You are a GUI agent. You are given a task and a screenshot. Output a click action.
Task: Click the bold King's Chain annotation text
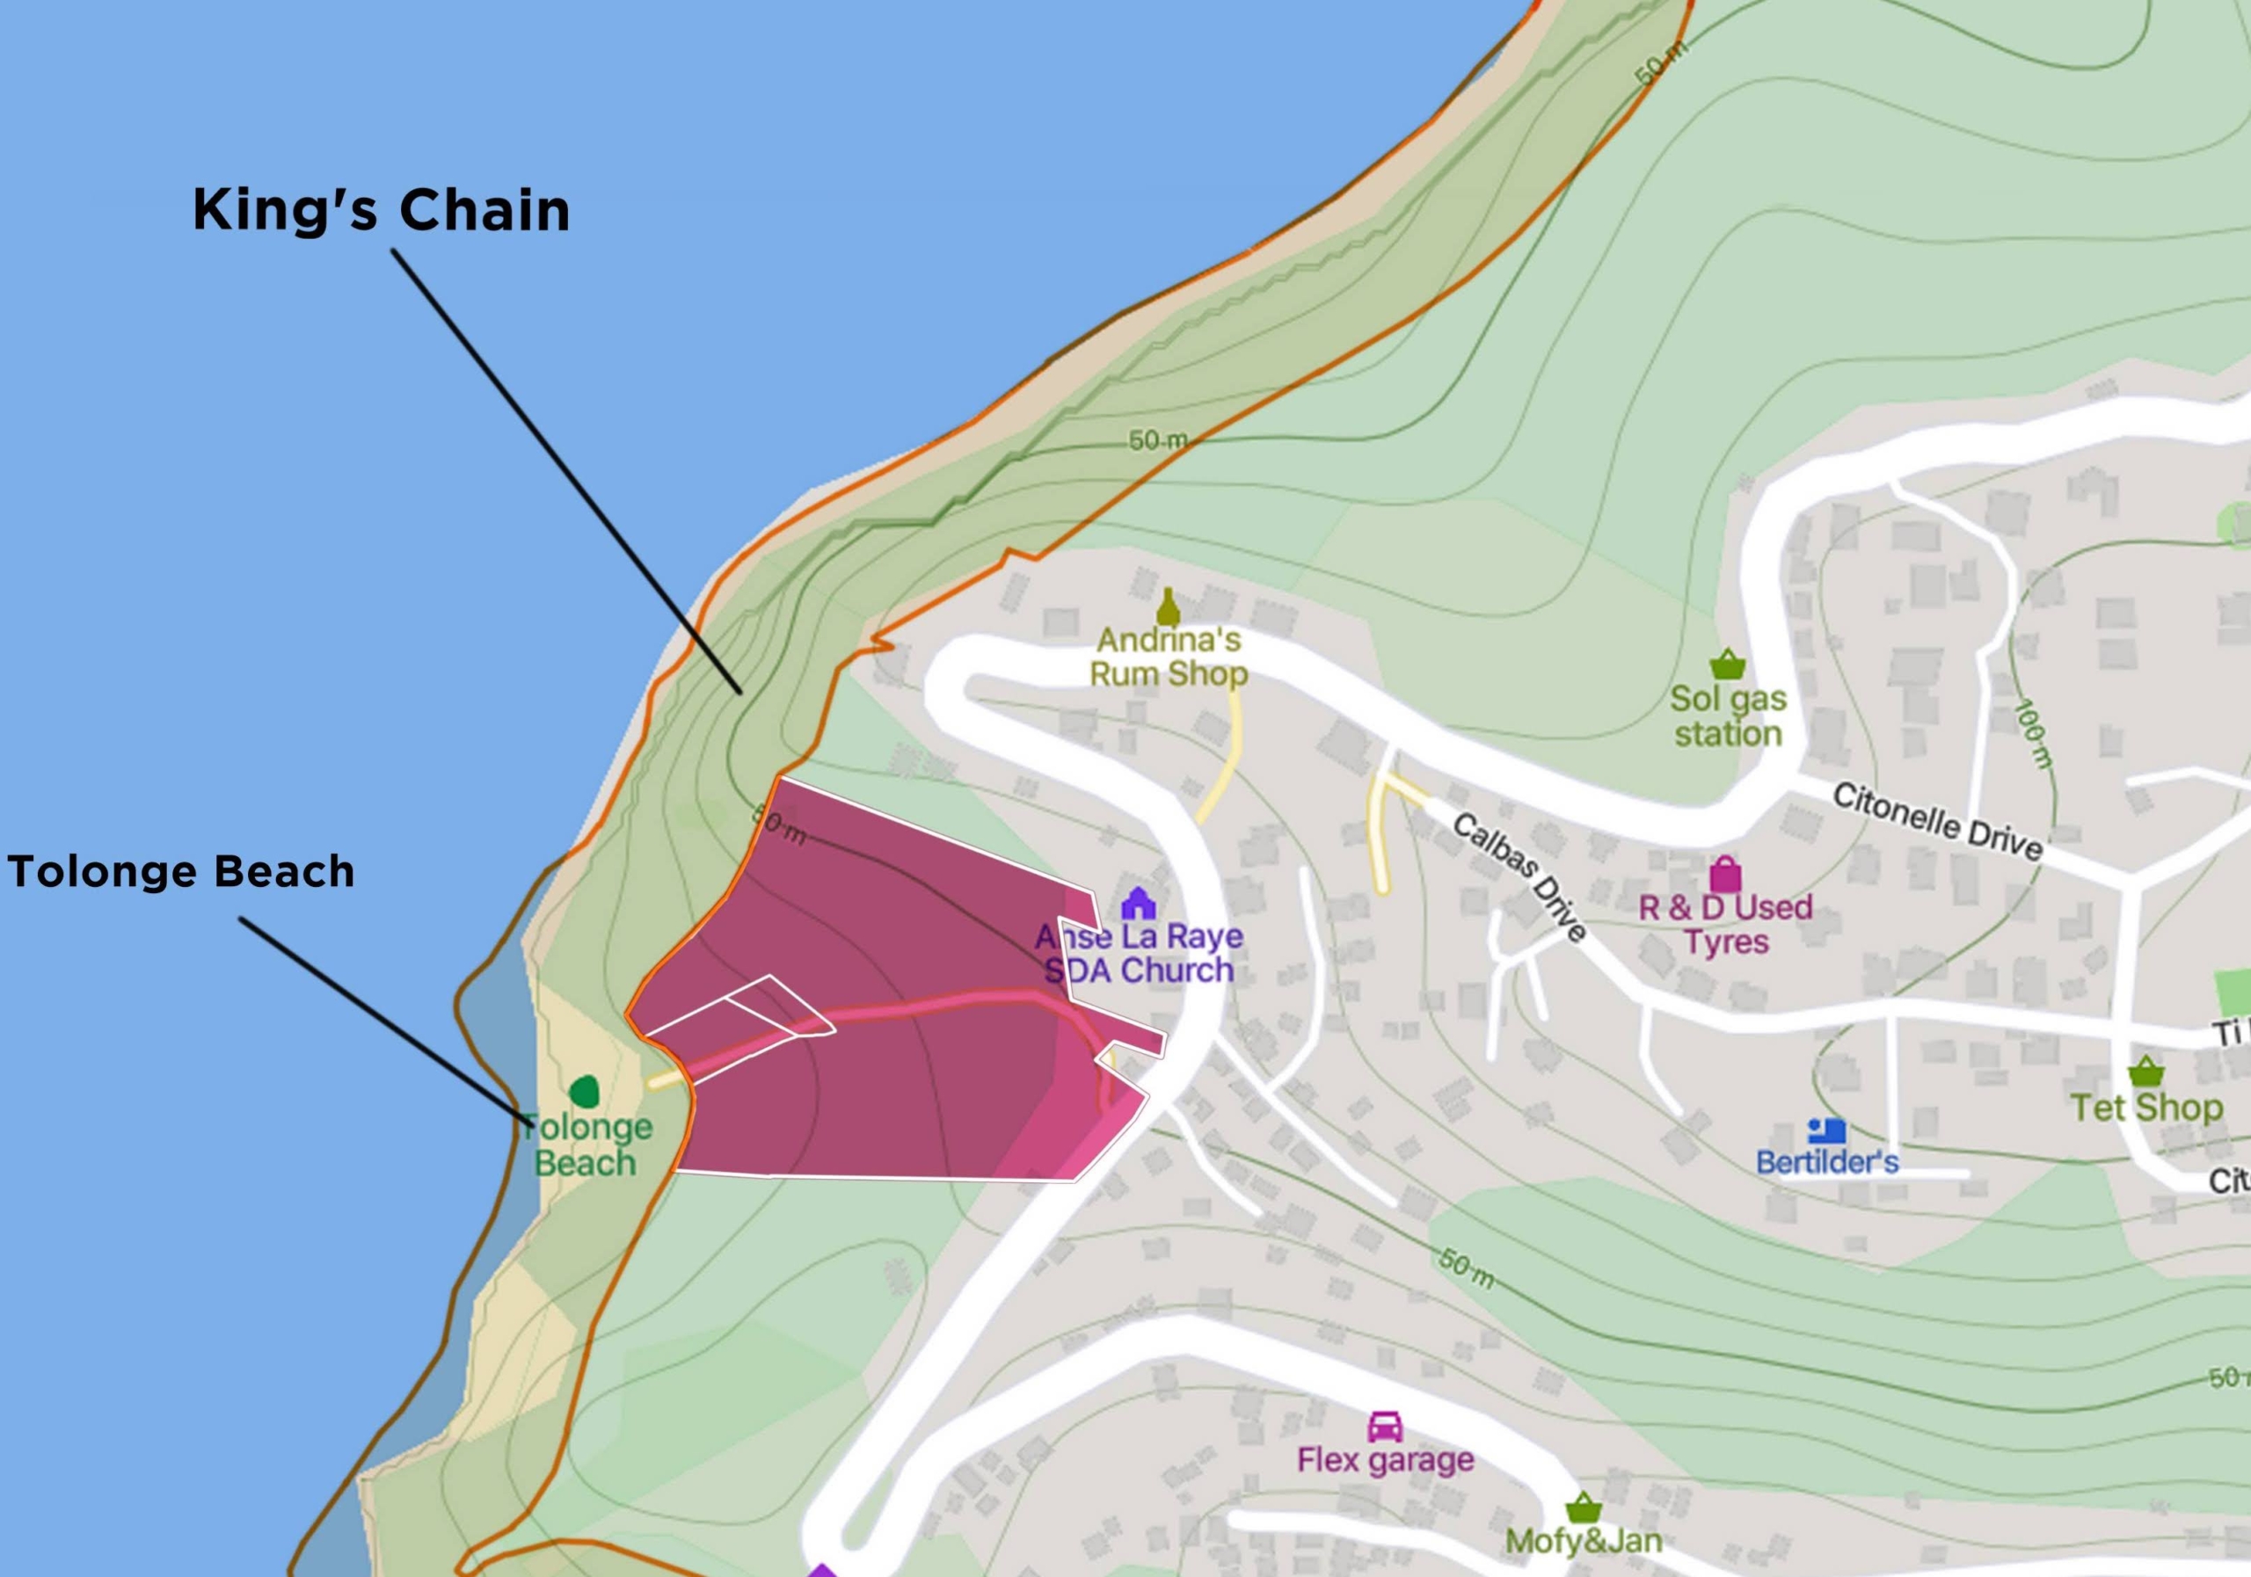[381, 211]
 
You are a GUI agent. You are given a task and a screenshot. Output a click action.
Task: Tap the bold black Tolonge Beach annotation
[180, 871]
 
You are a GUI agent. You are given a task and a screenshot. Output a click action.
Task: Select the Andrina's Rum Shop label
[1169, 658]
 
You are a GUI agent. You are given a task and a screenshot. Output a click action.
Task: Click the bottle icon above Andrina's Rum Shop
[1168, 607]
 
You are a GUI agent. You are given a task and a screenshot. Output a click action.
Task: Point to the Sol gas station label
[1728, 716]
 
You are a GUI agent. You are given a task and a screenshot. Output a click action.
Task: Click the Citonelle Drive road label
[1937, 821]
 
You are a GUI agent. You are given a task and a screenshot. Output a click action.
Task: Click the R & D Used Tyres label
[1725, 924]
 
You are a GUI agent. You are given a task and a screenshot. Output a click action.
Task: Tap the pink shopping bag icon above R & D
[1725, 873]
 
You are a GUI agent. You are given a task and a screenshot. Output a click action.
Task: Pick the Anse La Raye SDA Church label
[1138, 954]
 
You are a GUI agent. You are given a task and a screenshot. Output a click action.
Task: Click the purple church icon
[1137, 903]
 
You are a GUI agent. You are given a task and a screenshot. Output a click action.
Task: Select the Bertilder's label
[1827, 1162]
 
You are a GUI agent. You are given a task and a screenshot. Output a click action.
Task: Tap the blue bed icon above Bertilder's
[1826, 1131]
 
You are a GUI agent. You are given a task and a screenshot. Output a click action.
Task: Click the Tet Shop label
[2146, 1108]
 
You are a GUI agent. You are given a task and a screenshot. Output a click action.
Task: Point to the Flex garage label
[1385, 1460]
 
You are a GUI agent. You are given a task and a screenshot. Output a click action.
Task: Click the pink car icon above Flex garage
[1384, 1426]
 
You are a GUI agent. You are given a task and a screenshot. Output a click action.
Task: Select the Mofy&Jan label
[1584, 1541]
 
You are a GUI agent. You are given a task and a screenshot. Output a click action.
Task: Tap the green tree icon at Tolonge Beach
[585, 1091]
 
